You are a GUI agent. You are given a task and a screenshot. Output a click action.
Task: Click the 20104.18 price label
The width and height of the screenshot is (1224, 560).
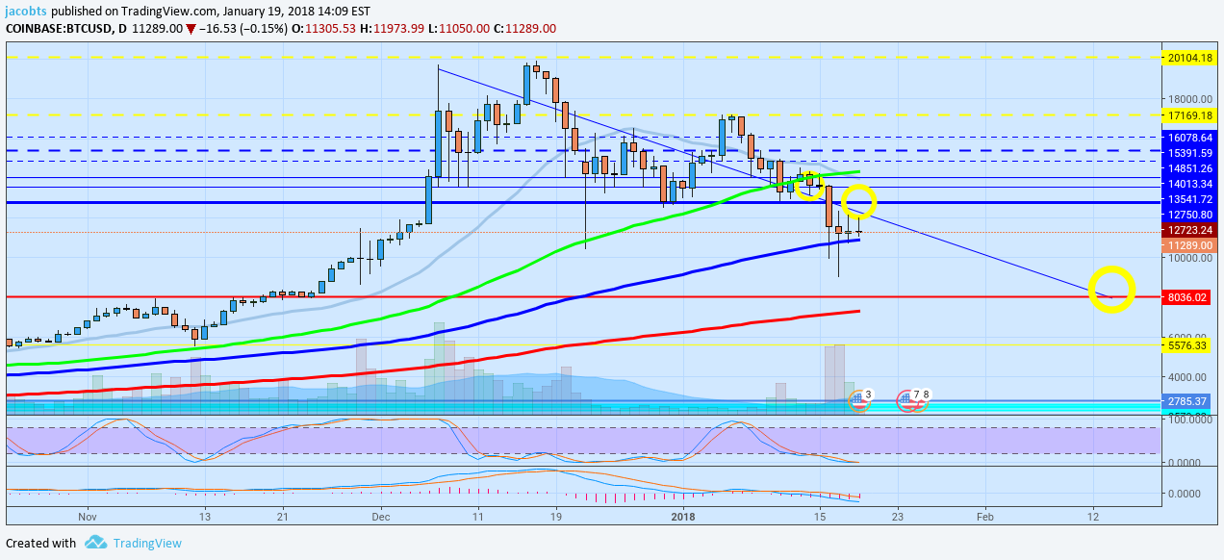(1189, 58)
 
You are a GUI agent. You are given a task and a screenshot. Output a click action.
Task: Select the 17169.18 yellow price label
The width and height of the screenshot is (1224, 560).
(1189, 115)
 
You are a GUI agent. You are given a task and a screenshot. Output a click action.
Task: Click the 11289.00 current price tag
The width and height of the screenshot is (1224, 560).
(1189, 245)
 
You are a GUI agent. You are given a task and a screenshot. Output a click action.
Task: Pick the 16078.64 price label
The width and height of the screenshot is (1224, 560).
(1189, 138)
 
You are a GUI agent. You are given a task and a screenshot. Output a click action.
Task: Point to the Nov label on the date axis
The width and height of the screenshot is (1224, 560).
(87, 517)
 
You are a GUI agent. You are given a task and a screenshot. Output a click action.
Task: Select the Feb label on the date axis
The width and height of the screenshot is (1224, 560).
(985, 517)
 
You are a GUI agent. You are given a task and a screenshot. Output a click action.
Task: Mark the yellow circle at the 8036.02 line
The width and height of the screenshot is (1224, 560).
(1111, 289)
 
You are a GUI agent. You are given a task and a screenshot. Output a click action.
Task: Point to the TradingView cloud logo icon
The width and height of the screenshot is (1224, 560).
(94, 543)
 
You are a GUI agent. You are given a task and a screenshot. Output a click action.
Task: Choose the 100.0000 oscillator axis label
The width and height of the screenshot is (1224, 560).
(1189, 420)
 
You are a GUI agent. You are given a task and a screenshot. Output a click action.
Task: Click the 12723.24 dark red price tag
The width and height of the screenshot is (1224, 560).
(1189, 231)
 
